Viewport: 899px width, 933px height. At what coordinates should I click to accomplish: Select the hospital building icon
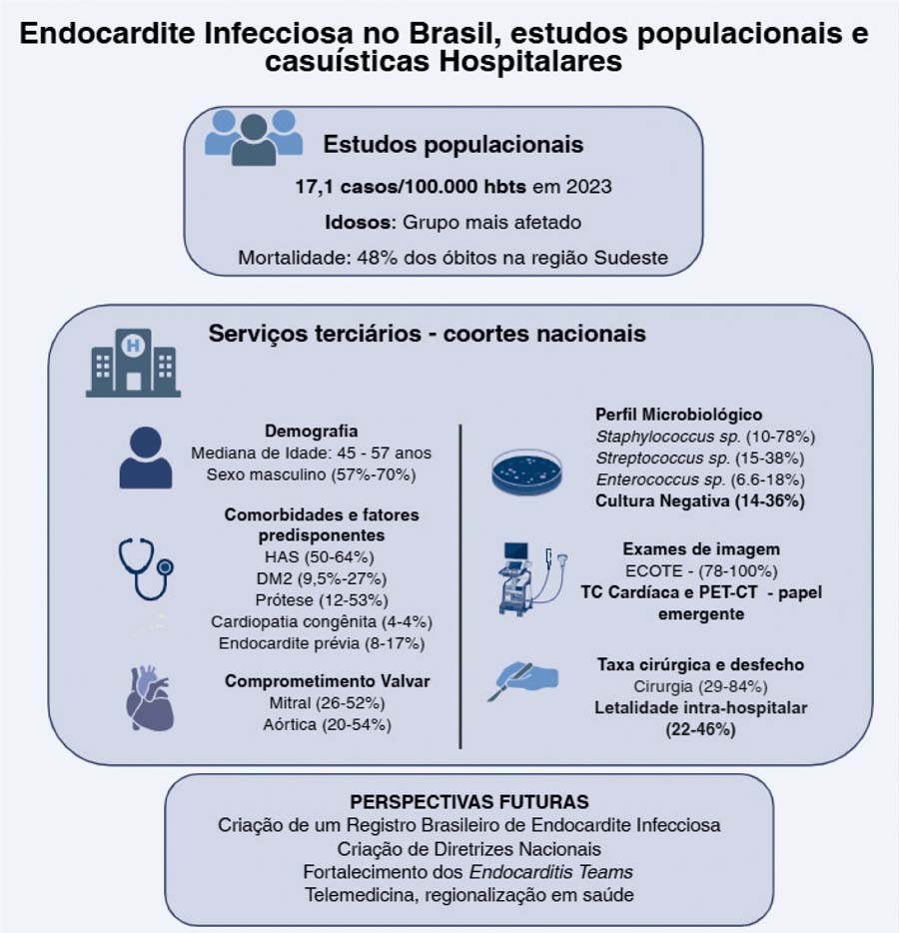click(133, 364)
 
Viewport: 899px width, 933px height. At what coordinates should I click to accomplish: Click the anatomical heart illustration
click(149, 699)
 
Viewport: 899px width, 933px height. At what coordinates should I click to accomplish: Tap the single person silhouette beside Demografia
click(146, 459)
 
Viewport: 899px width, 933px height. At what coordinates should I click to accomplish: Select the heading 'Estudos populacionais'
click(452, 144)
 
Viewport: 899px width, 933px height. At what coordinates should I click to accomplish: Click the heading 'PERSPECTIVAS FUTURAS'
click(468, 802)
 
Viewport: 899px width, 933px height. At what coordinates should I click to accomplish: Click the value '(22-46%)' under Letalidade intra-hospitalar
click(699, 730)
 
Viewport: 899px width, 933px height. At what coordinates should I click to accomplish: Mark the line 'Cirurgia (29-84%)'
click(699, 686)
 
